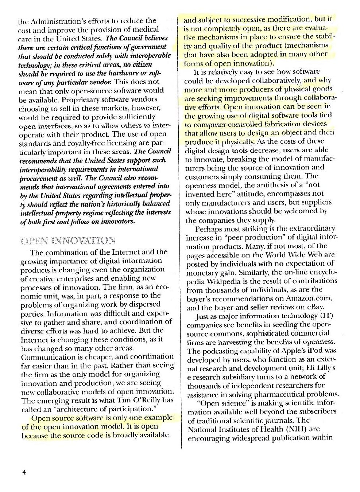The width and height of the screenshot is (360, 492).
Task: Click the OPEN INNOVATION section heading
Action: pos(69,241)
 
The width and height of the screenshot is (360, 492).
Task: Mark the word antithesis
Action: pos(257,185)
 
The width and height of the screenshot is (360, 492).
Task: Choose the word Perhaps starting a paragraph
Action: pos(208,229)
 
